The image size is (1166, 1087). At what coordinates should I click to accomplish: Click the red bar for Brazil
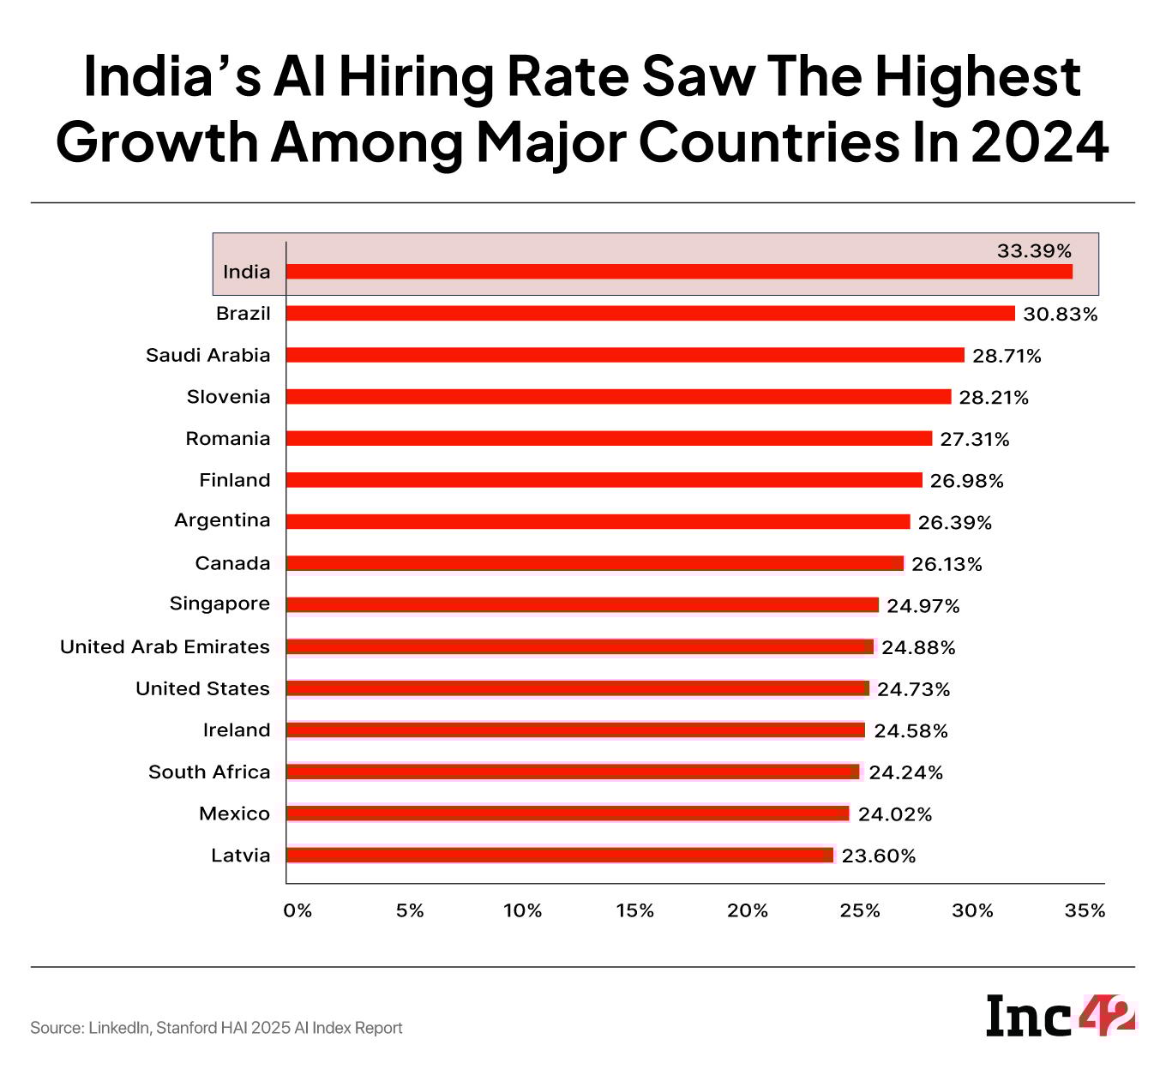650,314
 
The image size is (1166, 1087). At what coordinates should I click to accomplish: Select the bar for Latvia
559,856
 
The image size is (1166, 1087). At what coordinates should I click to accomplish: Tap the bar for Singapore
582,605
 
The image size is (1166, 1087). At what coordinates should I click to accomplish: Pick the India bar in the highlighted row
679,272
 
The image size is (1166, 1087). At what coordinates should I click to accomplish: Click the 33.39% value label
1034,251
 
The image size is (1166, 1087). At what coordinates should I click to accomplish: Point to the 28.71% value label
1007,356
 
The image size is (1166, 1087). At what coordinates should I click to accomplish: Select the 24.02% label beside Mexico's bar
895,814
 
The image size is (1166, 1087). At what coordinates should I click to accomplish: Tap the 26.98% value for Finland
966,481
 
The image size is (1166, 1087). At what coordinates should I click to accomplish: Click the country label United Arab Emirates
165,647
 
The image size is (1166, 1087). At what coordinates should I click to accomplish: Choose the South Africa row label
209,772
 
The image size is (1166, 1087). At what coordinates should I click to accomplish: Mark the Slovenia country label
228,397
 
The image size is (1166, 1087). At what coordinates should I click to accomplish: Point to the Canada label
232,563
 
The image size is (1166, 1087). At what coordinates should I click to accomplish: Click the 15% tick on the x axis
635,910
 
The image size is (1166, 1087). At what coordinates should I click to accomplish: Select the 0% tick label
298,910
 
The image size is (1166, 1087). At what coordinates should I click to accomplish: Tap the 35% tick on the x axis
1085,910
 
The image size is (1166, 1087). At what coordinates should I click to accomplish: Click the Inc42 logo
1061,1016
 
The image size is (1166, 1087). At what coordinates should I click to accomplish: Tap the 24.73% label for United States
913,689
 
